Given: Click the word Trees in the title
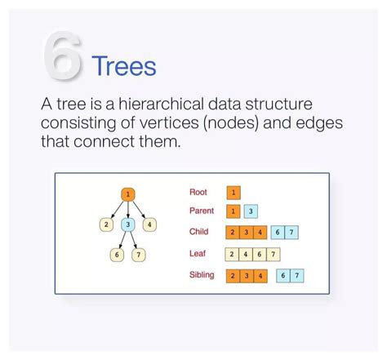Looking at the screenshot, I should (123, 65).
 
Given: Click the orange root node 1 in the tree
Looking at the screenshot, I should (127, 194).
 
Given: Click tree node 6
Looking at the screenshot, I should (117, 255).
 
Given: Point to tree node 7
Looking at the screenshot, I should (139, 255).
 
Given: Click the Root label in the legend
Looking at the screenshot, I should (198, 193).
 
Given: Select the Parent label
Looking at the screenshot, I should (202, 211).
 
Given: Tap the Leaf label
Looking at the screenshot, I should (197, 254).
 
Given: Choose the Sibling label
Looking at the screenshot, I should (202, 275).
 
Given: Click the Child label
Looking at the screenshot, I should (198, 232).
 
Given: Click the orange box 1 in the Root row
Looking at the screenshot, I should (234, 193).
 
